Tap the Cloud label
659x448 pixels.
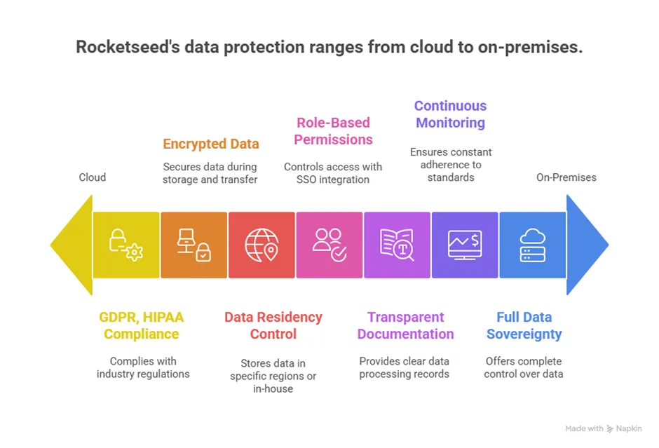(x=92, y=177)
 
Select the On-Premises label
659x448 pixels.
(x=566, y=177)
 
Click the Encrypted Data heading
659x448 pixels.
(x=211, y=144)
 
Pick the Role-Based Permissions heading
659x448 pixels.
(x=333, y=131)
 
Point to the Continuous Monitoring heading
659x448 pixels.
(x=450, y=114)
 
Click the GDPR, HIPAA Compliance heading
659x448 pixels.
(x=141, y=325)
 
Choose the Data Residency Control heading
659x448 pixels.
(x=273, y=325)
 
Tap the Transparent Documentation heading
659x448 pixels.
(x=405, y=325)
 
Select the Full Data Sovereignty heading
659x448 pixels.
(x=524, y=325)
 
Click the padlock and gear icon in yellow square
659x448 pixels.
(x=125, y=245)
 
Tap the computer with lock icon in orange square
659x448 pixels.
(x=193, y=245)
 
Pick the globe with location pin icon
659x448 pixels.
(x=261, y=245)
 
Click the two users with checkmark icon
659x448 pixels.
(x=329, y=245)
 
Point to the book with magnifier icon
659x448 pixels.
(x=397, y=245)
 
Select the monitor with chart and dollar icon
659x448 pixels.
(x=465, y=245)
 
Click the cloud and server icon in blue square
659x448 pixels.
(x=533, y=245)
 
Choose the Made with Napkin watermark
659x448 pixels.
(x=604, y=428)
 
